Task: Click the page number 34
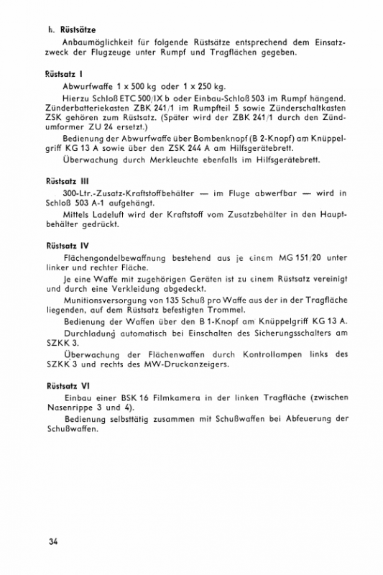[50, 540]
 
